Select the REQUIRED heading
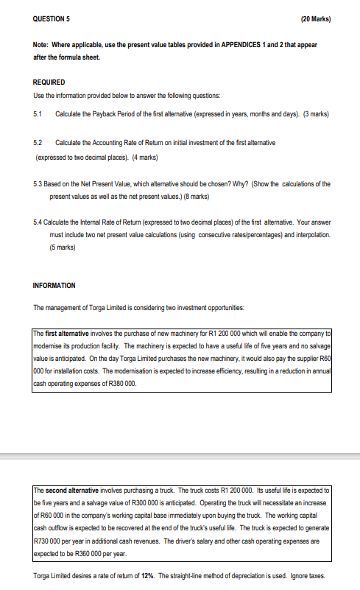tap(49, 82)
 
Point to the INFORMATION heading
tap(54, 285)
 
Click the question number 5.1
tap(38, 114)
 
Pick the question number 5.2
tap(38, 141)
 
